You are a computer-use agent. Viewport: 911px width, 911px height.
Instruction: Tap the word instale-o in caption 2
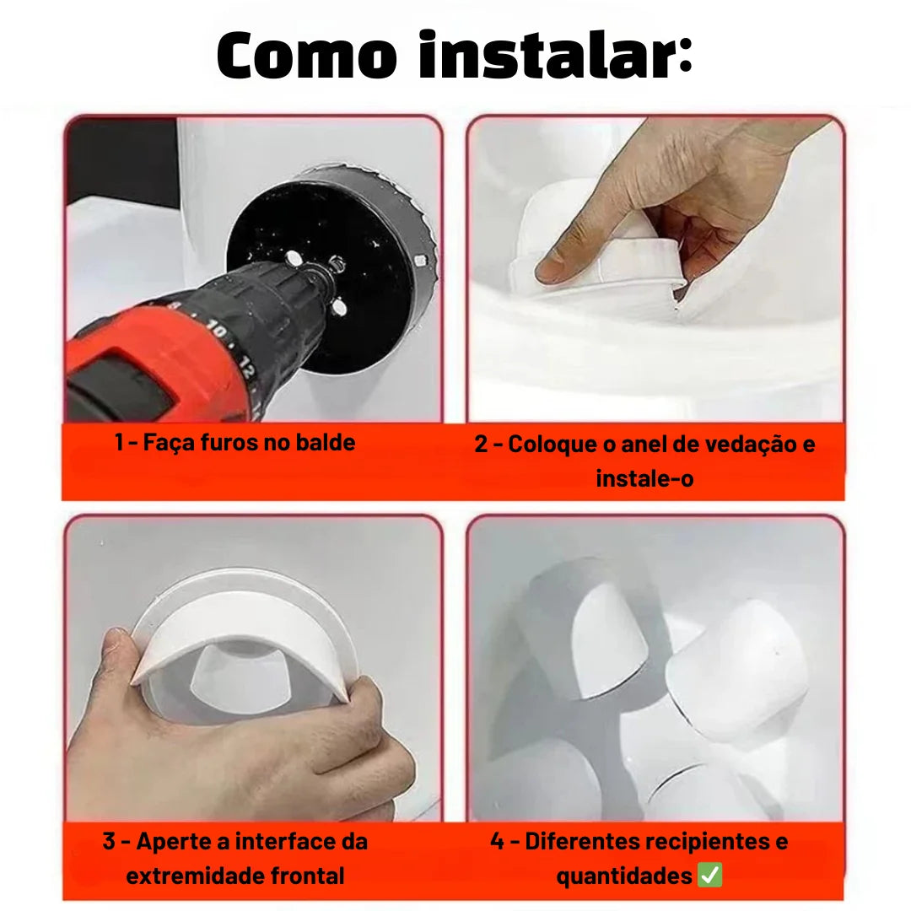644,478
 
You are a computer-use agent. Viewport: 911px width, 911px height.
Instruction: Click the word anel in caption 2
645,444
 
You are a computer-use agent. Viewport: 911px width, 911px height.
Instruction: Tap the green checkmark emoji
710,876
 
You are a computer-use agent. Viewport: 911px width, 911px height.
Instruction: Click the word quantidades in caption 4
625,876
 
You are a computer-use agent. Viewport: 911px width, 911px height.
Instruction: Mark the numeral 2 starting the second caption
482,444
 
